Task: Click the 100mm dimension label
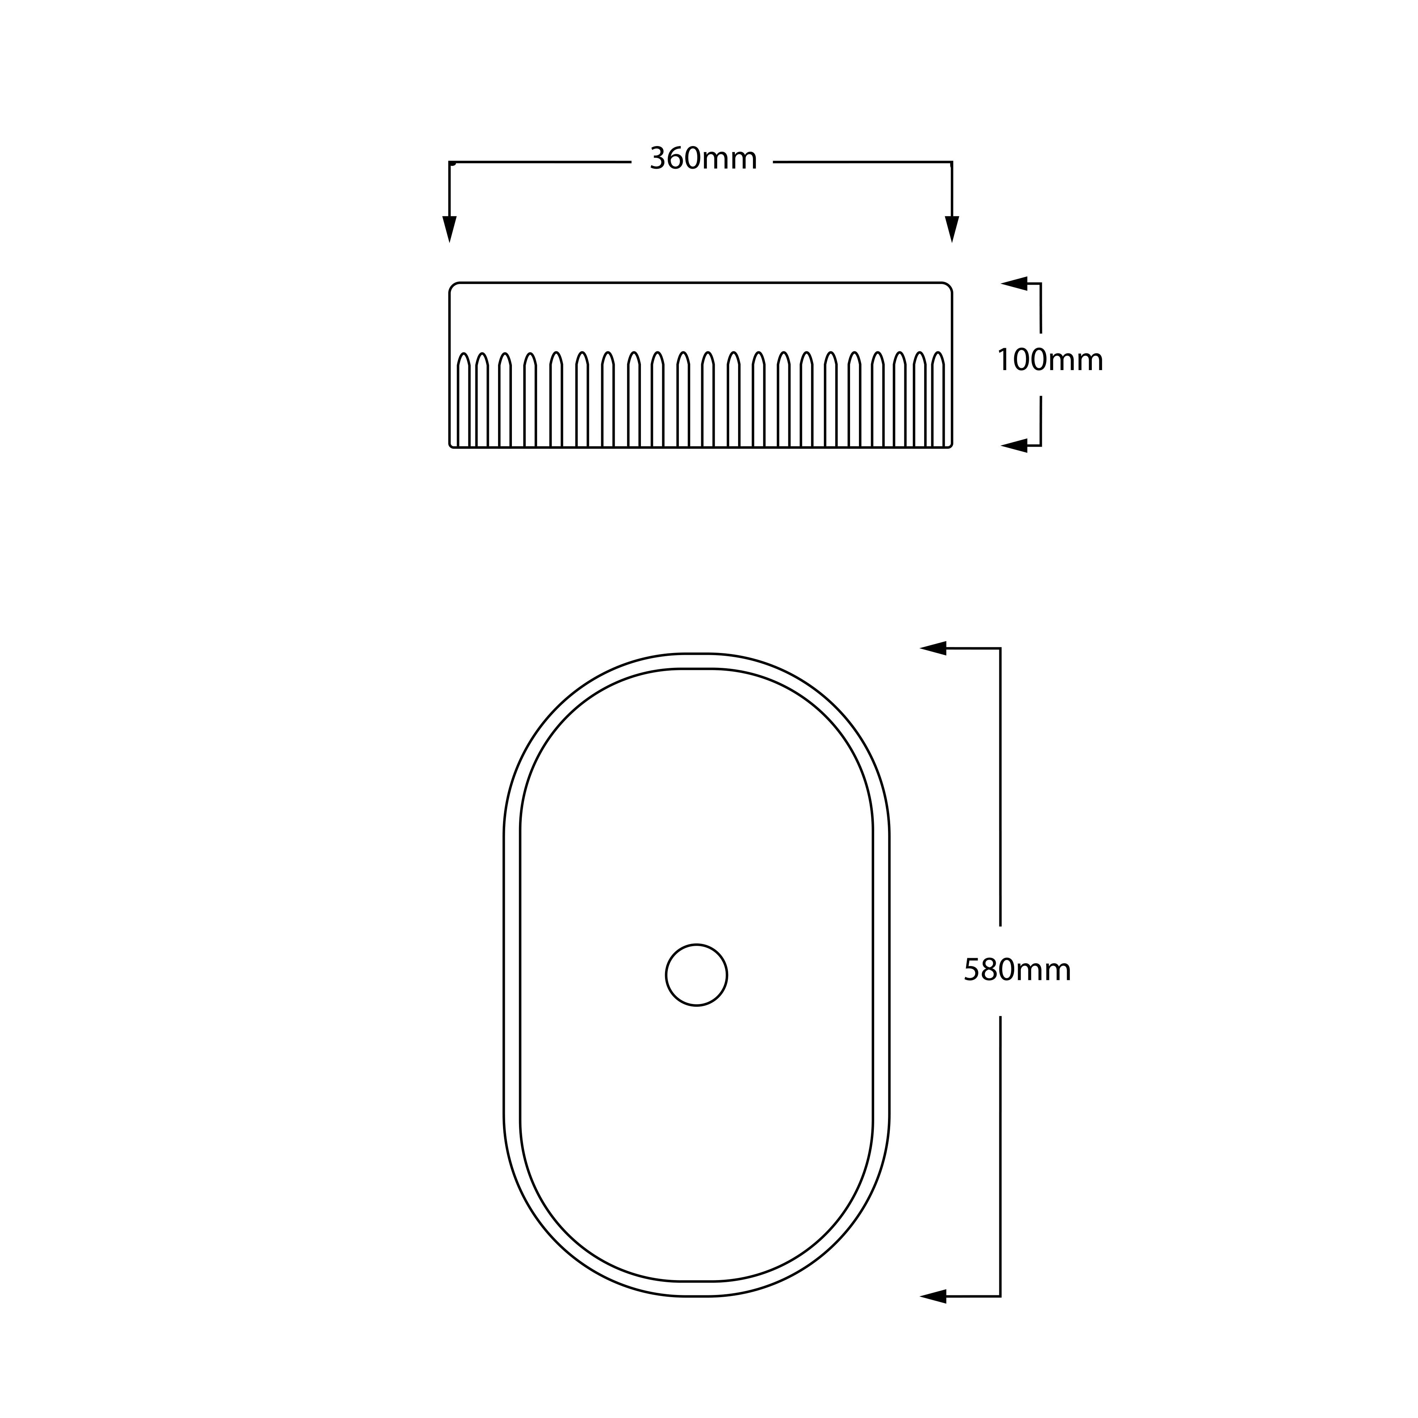click(x=1050, y=361)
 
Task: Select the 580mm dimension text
click(x=1017, y=970)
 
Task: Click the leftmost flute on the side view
click(x=463, y=400)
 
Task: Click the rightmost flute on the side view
click(x=938, y=400)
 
